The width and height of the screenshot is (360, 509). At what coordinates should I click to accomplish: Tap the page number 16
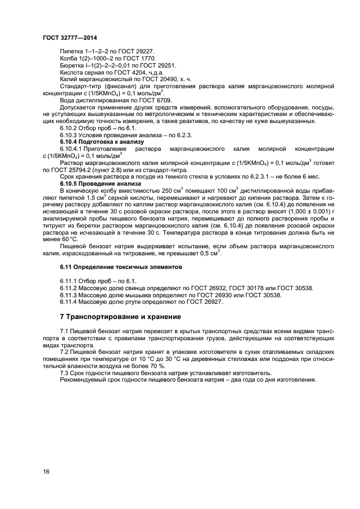(46, 471)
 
